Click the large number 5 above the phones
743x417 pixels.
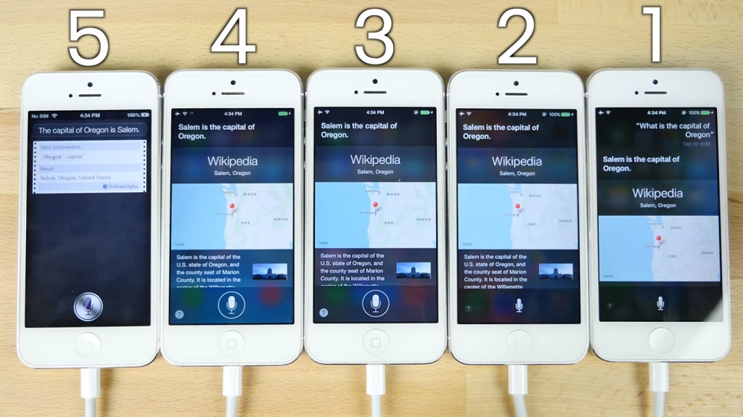[x=89, y=38]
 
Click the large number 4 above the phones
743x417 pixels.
[x=232, y=38]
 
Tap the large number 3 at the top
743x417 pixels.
[x=374, y=38]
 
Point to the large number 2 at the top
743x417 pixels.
[x=517, y=38]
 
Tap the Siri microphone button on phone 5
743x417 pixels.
[x=87, y=307]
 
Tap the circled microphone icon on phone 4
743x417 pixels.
[x=231, y=305]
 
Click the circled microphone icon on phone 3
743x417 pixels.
[x=374, y=304]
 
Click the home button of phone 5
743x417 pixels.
[x=88, y=346]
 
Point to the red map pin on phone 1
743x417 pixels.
[x=659, y=239]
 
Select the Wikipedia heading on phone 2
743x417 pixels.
[x=517, y=161]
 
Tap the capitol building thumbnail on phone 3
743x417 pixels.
[x=413, y=271]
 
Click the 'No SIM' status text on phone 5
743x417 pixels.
[x=39, y=115]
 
